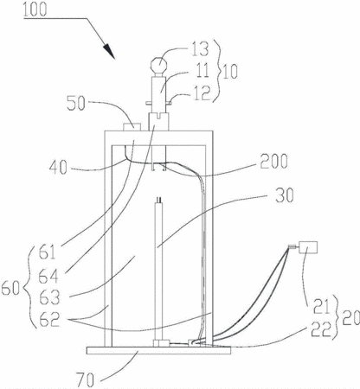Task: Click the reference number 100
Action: point(35,10)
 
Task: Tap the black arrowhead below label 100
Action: point(109,51)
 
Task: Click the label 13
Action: point(198,48)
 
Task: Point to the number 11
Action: point(202,70)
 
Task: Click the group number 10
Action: point(230,72)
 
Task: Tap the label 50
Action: point(76,103)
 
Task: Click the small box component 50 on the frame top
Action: point(132,127)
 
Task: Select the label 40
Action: point(58,167)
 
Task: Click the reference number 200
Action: point(273,161)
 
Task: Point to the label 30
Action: point(284,195)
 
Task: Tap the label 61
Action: point(47,252)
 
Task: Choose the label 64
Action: point(48,276)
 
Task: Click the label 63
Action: point(49,297)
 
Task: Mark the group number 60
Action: point(10,289)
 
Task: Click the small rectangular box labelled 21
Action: point(308,247)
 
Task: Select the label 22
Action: point(320,330)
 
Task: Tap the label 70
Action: point(86,379)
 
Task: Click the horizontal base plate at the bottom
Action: point(158,350)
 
